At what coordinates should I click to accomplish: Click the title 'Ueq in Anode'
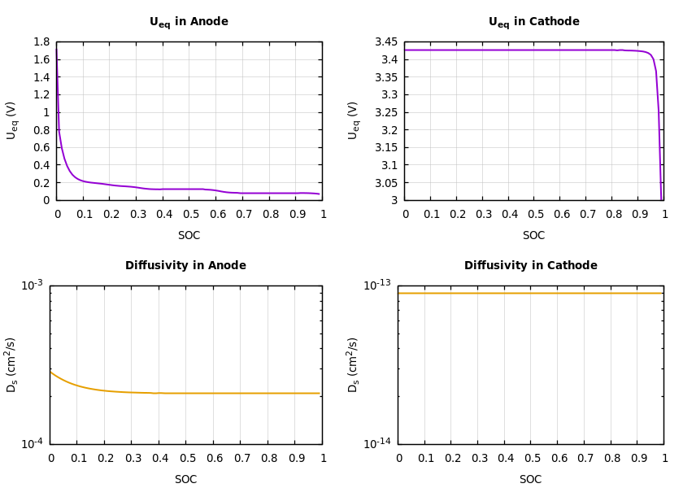pyautogui.click(x=189, y=22)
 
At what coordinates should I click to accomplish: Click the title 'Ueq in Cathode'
pyautogui.click(x=533, y=22)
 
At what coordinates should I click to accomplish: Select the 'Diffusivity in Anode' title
pyautogui.click(x=185, y=266)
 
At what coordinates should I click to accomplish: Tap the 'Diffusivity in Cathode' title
pyautogui.click(x=530, y=266)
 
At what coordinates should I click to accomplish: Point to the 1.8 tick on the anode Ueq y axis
pyautogui.click(x=41, y=42)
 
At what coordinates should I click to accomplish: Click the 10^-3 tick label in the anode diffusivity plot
pyautogui.click(x=32, y=285)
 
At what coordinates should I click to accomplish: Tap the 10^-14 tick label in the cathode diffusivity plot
pyautogui.click(x=376, y=443)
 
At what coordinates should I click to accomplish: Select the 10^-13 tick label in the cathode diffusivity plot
pyautogui.click(x=376, y=285)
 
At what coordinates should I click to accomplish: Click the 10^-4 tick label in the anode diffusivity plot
pyautogui.click(x=32, y=443)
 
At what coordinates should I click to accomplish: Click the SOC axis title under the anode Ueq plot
pyautogui.click(x=189, y=236)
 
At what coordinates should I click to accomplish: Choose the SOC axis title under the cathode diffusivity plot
pyautogui.click(x=530, y=480)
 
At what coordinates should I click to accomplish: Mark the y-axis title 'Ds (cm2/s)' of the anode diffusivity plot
pyautogui.click(x=12, y=364)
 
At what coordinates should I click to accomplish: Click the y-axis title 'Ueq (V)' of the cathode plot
pyautogui.click(x=354, y=120)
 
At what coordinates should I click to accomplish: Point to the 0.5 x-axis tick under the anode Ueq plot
pyautogui.click(x=190, y=214)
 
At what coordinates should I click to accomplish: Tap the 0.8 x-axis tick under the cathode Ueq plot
pyautogui.click(x=613, y=214)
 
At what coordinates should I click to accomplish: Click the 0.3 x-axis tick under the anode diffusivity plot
pyautogui.click(x=132, y=458)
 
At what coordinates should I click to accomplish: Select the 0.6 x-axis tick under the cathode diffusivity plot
pyautogui.click(x=559, y=458)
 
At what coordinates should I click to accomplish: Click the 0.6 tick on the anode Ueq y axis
pyautogui.click(x=41, y=148)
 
